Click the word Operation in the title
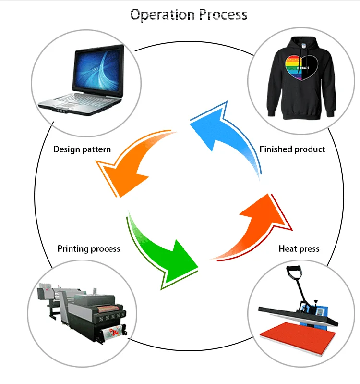(162, 15)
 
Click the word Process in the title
(223, 14)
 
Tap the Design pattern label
(82, 149)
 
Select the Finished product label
(292, 149)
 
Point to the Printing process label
(89, 248)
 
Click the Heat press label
(299, 248)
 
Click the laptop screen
(98, 71)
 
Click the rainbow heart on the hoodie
(301, 67)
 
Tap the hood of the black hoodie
(302, 45)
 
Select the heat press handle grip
(293, 270)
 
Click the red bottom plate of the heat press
(298, 337)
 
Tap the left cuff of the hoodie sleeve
(271, 113)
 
